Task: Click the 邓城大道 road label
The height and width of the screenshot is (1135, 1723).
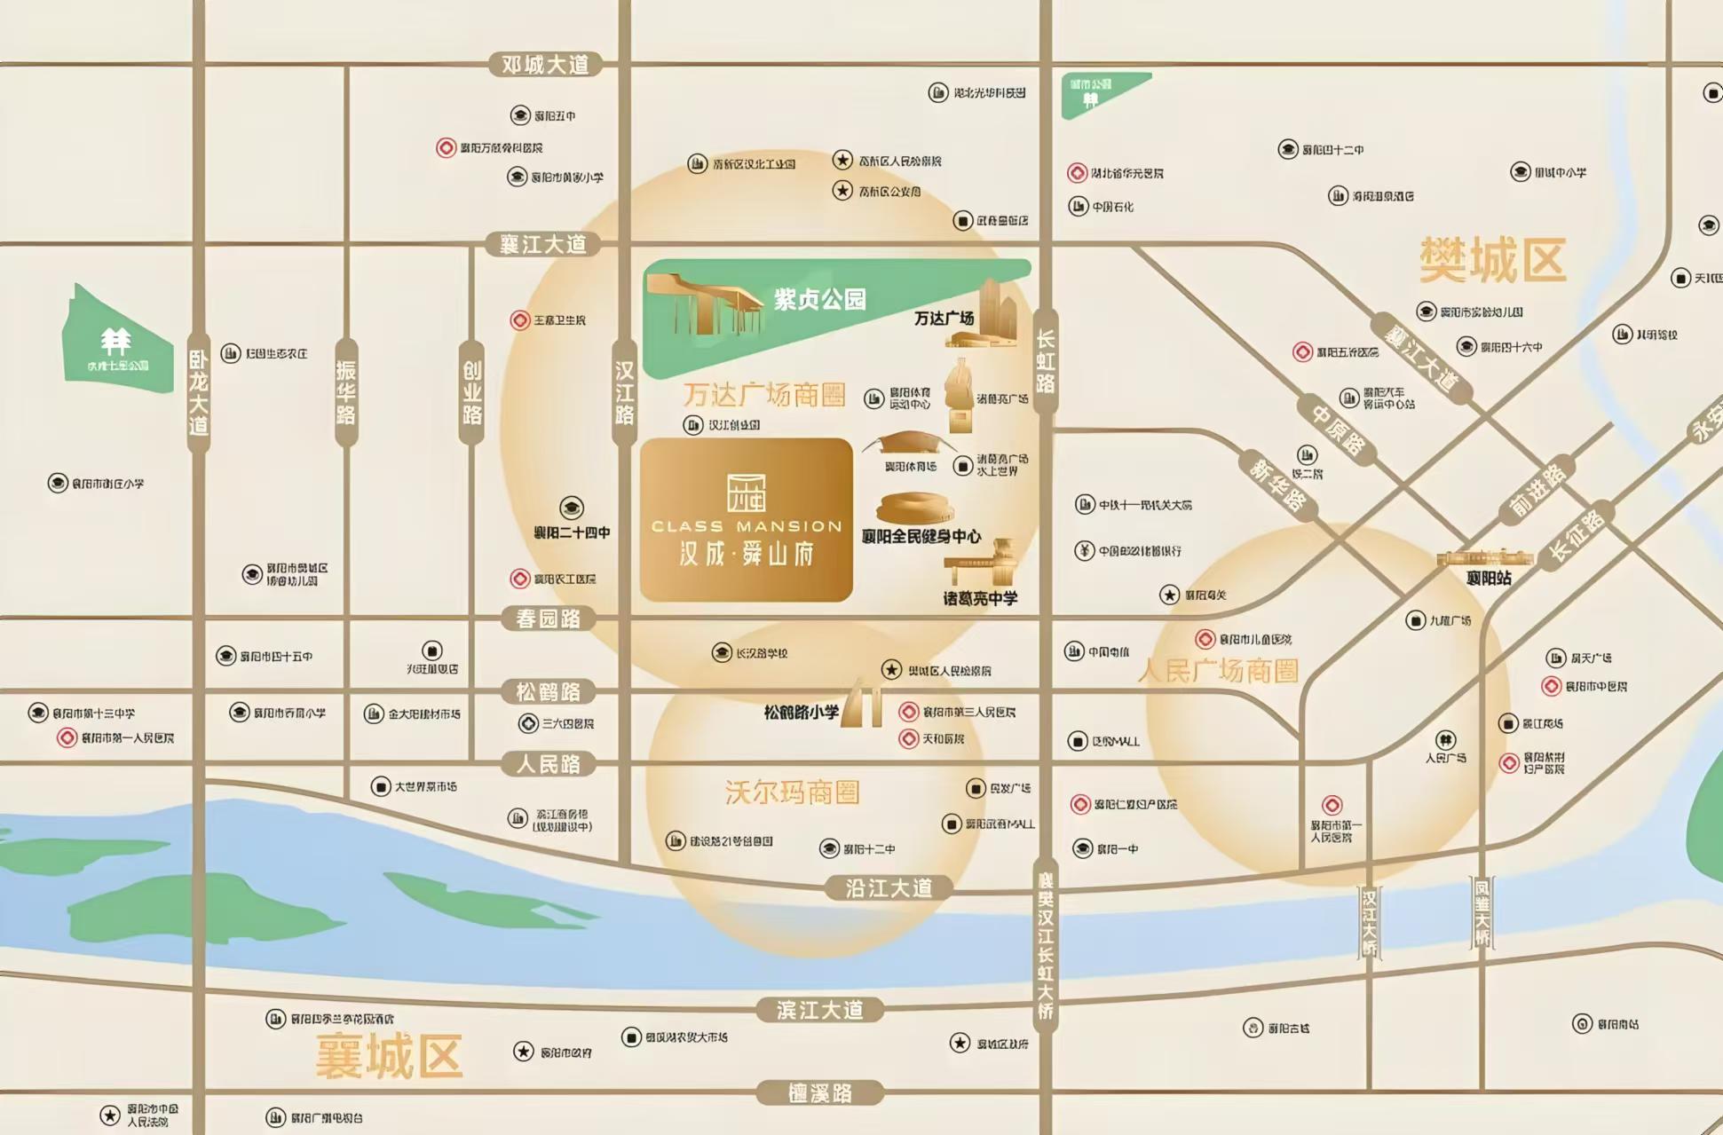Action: (545, 65)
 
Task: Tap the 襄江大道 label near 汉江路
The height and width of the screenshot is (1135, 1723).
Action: (543, 244)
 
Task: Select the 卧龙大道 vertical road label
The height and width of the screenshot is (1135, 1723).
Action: (199, 391)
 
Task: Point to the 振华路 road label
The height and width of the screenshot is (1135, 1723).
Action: (346, 391)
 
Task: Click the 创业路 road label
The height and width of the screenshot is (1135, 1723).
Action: (472, 391)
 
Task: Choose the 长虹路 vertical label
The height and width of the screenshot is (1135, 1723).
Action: (1046, 361)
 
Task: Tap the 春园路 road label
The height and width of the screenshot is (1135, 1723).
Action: (548, 619)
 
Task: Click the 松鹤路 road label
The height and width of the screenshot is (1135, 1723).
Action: (548, 691)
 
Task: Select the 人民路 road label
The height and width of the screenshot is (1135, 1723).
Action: (548, 764)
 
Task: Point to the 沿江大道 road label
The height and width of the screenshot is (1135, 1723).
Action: (889, 887)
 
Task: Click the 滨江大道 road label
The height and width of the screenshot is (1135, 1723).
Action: (819, 1010)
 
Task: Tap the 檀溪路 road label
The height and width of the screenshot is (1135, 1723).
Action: (819, 1092)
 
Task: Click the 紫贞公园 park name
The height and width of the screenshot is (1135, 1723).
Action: (819, 300)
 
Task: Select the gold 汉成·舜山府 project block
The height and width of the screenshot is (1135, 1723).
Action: (747, 520)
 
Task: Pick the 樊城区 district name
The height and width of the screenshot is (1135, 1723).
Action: (1492, 260)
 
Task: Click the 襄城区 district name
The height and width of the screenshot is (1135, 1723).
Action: (389, 1056)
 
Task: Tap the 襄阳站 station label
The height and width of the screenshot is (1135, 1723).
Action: (1489, 579)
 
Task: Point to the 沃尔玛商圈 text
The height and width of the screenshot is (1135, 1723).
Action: (792, 792)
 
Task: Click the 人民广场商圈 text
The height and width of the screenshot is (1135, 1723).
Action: (1218, 671)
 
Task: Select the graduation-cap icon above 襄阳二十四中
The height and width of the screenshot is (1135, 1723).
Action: (572, 508)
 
